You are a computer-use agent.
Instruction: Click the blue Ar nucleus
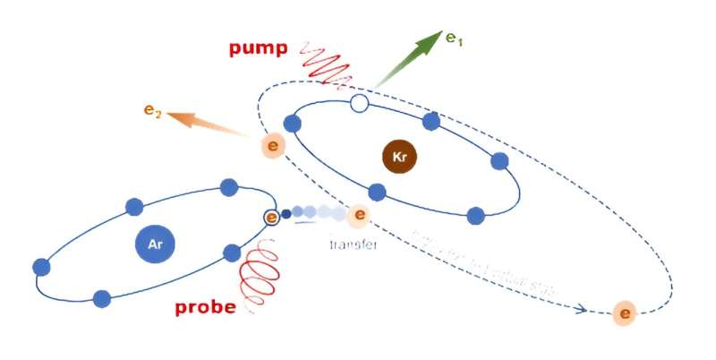pyautogui.click(x=155, y=243)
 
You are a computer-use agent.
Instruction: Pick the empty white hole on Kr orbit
pyautogui.click(x=359, y=104)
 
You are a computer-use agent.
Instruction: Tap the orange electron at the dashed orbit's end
pyautogui.click(x=625, y=314)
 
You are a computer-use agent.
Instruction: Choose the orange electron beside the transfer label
pyautogui.click(x=359, y=215)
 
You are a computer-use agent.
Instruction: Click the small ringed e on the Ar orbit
pyautogui.click(x=271, y=217)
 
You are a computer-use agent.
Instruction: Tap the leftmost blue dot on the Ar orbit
pyautogui.click(x=40, y=267)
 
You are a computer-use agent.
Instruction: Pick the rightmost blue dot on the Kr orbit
pyautogui.click(x=499, y=161)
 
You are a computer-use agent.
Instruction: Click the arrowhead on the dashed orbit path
pyautogui.click(x=582, y=310)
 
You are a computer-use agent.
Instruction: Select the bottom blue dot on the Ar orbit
pyautogui.click(x=101, y=298)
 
